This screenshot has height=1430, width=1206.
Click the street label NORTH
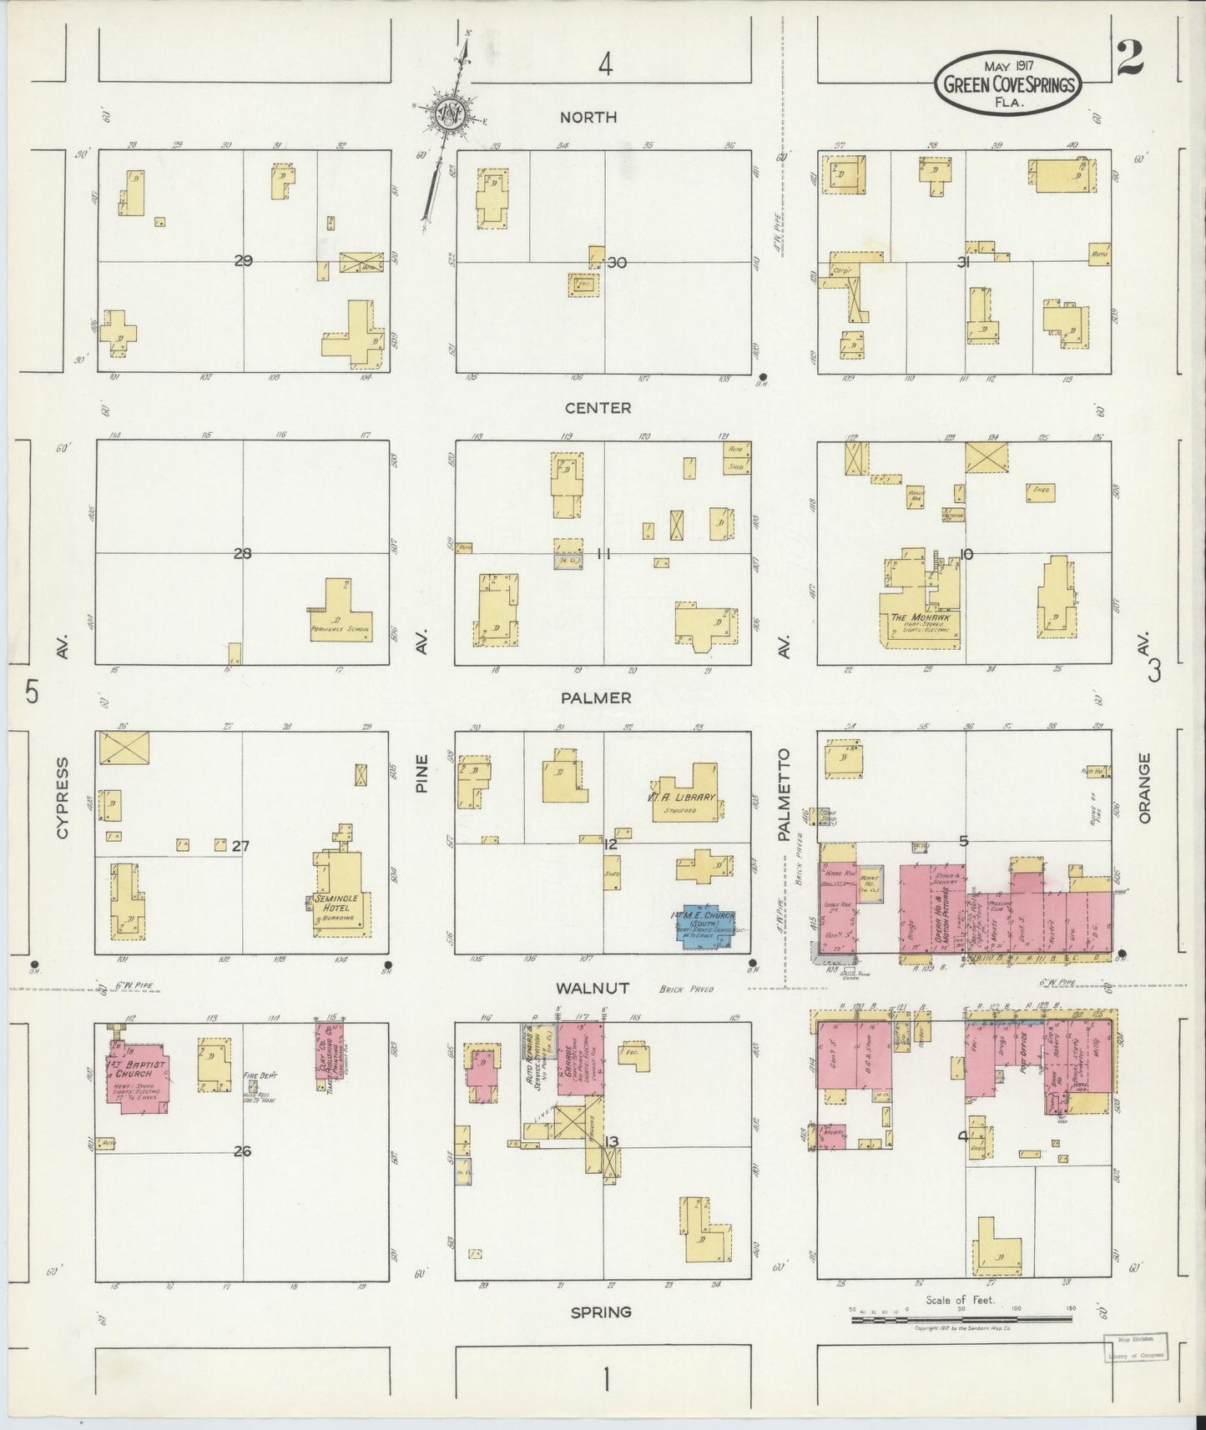click(x=588, y=118)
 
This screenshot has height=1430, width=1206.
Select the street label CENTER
click(x=598, y=408)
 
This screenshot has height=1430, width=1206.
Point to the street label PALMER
click(x=596, y=697)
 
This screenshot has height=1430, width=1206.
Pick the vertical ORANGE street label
click(x=1144, y=789)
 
